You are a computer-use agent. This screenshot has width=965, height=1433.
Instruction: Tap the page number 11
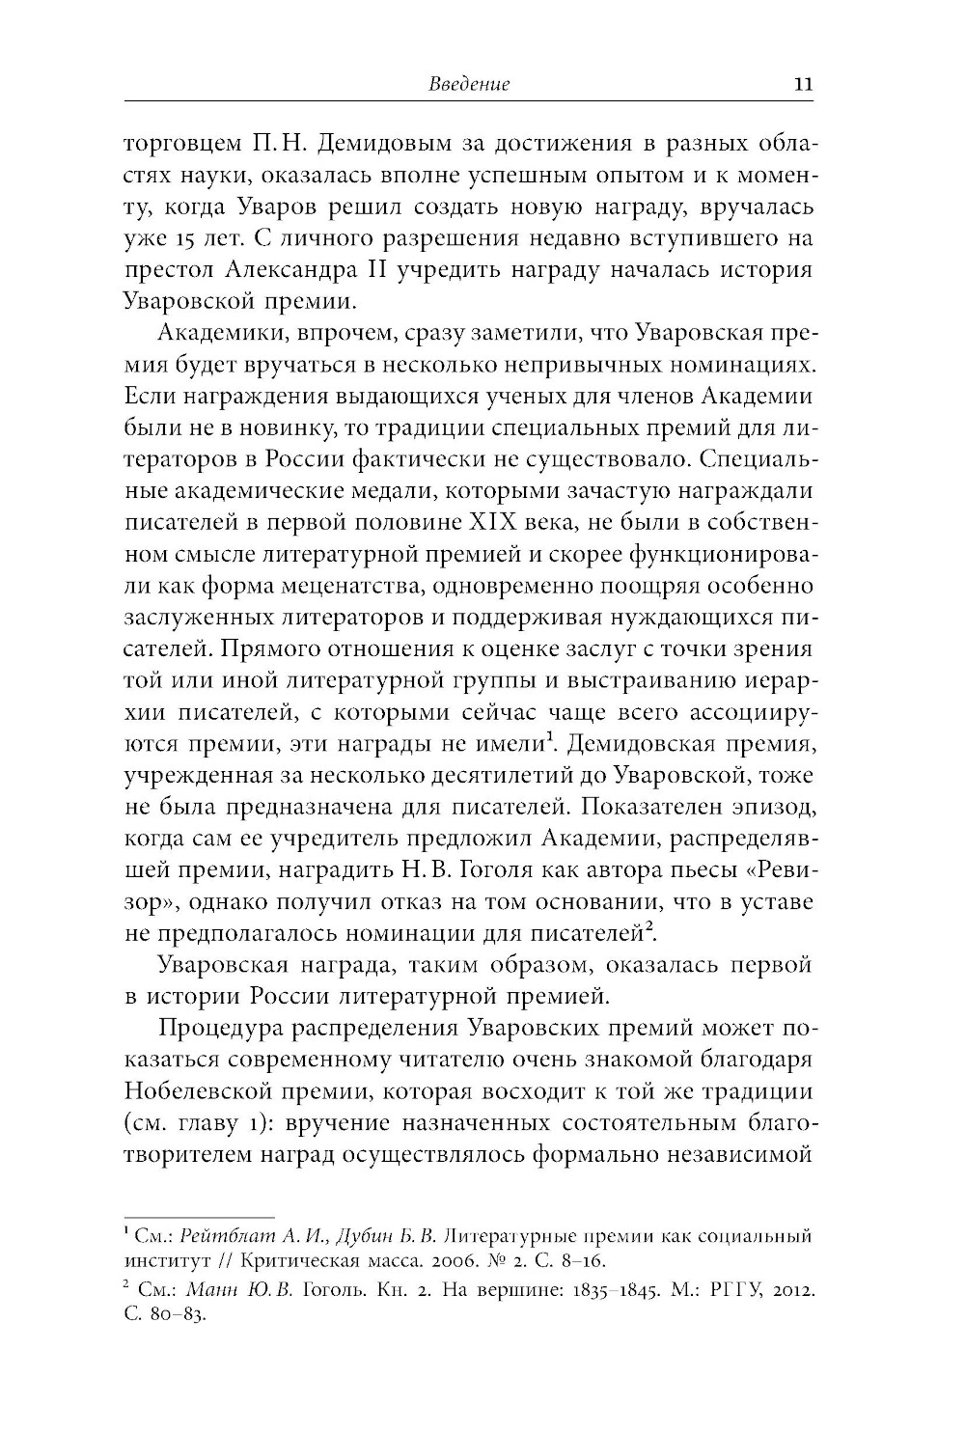(x=802, y=84)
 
